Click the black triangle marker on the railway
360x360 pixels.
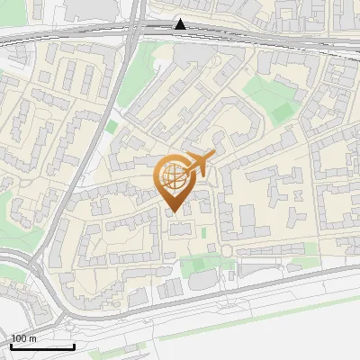coord(181,24)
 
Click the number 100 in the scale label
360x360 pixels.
coord(19,338)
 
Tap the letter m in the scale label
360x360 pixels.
coord(32,338)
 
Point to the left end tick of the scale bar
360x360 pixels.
coord(11,346)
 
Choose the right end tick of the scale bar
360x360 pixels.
coord(74,346)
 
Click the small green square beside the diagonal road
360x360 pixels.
coord(112,127)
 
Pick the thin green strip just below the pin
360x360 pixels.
coord(203,233)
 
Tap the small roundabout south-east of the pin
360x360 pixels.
coord(227,250)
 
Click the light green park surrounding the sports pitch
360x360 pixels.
coord(261,94)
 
